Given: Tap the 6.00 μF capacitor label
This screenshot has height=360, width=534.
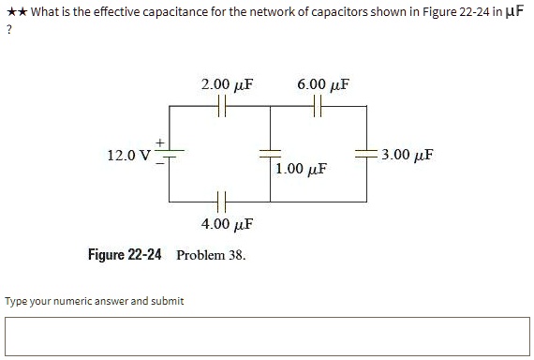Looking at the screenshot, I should coord(323,85).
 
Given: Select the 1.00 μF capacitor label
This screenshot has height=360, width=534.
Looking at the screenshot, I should coord(303,170).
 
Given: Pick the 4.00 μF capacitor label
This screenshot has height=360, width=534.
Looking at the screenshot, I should coord(229,225).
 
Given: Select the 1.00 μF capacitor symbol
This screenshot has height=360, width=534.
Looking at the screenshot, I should coord(270,153).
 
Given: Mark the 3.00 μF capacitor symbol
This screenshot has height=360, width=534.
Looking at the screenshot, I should coord(366,153).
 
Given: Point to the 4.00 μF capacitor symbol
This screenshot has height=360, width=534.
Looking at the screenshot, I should coord(221,201).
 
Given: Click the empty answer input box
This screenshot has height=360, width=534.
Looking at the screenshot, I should coord(266,337).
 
